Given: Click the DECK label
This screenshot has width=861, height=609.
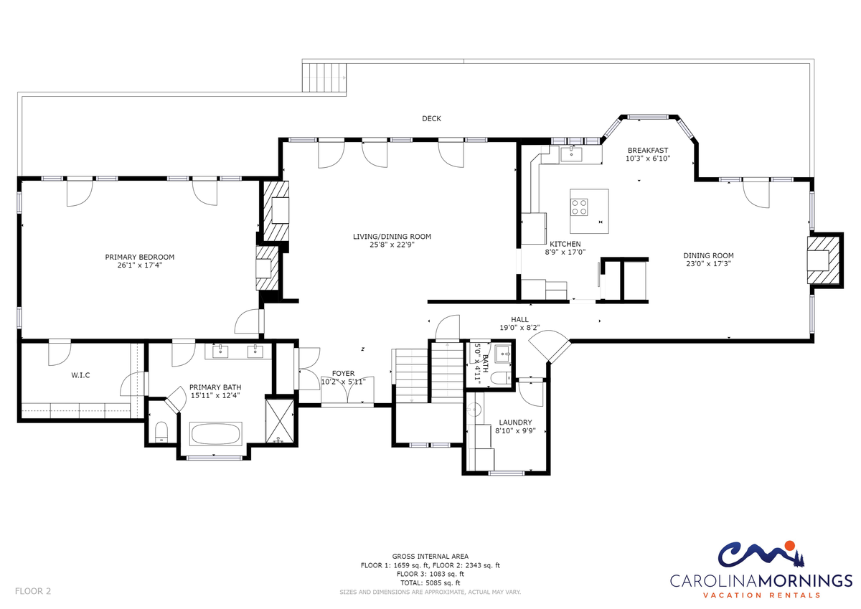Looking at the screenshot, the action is click(x=431, y=119).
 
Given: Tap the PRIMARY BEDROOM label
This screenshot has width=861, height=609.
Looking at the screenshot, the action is click(x=139, y=257).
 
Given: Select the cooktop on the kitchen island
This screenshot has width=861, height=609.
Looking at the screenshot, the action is click(x=579, y=207).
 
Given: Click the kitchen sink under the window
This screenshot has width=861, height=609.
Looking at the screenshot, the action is click(x=571, y=154).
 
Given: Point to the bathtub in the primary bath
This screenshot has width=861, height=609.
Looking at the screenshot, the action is click(x=216, y=434).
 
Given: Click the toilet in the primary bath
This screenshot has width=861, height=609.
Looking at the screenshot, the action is click(x=161, y=432).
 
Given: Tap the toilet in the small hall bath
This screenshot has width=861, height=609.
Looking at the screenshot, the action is click(x=501, y=378).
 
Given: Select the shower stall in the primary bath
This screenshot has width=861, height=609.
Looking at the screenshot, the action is click(x=279, y=421).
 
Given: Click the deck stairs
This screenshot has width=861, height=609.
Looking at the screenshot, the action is click(x=324, y=77).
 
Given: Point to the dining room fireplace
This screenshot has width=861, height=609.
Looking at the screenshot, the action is click(x=822, y=260).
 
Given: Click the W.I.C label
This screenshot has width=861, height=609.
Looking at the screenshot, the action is click(x=80, y=375).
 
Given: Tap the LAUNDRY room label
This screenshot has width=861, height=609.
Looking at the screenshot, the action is click(x=515, y=422).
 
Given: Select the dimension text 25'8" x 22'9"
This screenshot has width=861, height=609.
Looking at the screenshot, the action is click(x=392, y=245).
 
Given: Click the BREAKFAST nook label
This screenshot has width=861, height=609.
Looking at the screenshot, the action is click(x=648, y=150).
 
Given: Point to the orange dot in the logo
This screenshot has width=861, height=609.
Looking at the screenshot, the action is click(x=790, y=546).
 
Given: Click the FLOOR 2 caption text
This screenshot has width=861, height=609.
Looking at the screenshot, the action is click(x=33, y=591).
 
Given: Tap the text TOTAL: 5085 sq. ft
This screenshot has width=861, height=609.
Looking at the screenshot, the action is click(x=430, y=583).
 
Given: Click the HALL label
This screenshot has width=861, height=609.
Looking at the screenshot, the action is click(x=519, y=319).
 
